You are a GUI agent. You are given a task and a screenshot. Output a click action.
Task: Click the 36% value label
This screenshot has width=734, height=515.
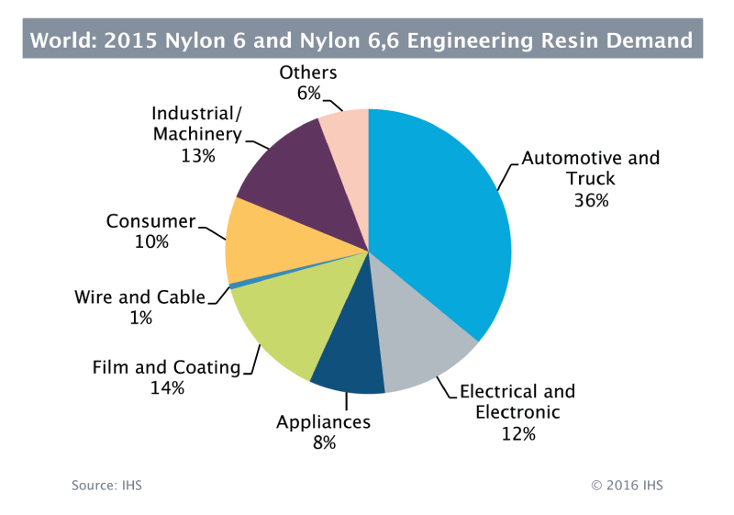[590, 200]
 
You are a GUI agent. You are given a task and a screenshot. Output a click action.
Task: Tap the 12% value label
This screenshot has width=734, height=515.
[517, 433]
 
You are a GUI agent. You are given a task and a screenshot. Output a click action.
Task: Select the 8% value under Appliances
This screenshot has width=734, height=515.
[323, 442]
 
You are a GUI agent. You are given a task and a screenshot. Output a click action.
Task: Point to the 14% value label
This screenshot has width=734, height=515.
[167, 388]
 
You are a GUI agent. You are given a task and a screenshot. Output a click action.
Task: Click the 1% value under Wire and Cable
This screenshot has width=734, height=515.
[140, 318]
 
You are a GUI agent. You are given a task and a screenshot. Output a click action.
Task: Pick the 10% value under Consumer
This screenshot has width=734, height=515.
[150, 242]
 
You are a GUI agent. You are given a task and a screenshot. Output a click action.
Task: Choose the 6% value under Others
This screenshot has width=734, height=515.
[307, 93]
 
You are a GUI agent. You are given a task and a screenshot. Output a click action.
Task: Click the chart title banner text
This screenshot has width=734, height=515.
[361, 40]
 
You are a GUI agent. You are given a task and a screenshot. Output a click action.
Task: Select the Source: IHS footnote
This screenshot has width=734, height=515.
[106, 485]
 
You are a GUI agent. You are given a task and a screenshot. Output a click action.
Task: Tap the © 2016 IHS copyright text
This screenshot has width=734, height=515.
[626, 485]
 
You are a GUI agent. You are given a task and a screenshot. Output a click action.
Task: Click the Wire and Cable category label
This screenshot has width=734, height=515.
[139, 297]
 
